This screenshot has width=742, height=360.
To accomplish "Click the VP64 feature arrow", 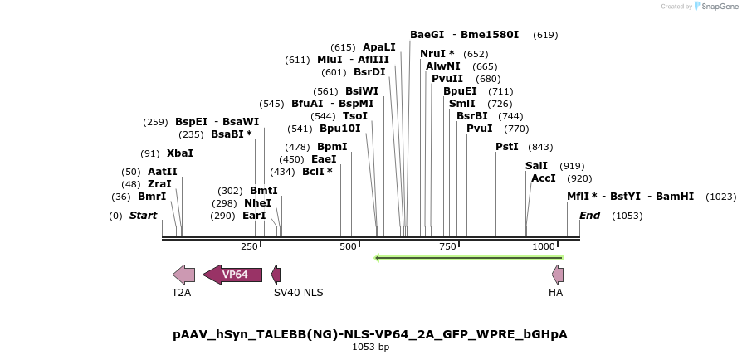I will (232, 275).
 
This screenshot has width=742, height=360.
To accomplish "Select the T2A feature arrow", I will (183, 275).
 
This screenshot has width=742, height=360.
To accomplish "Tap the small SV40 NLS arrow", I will (276, 275).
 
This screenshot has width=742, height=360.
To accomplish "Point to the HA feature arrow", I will (558, 275).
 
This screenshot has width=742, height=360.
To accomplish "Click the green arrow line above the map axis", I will (469, 258).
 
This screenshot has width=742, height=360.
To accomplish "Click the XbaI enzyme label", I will (179, 153).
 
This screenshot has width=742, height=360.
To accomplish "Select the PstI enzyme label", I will (506, 147).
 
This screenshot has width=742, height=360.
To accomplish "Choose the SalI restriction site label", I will (536, 166).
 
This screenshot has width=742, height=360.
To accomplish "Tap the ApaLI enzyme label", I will (379, 47).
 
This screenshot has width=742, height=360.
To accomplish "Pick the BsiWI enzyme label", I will (362, 91).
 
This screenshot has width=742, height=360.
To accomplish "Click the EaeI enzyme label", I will (324, 159).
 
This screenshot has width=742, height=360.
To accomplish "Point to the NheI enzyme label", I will (257, 202).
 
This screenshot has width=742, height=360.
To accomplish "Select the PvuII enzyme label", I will (447, 79).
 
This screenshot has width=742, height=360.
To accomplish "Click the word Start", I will (143, 216).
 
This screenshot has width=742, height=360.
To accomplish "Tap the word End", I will (589, 216).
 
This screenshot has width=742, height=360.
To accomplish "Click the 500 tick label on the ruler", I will (347, 246).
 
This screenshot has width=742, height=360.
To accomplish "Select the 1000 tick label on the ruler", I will (544, 246).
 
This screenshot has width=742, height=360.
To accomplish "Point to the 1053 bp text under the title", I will (370, 347).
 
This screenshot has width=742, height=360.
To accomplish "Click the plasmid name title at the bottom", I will (370, 334).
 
